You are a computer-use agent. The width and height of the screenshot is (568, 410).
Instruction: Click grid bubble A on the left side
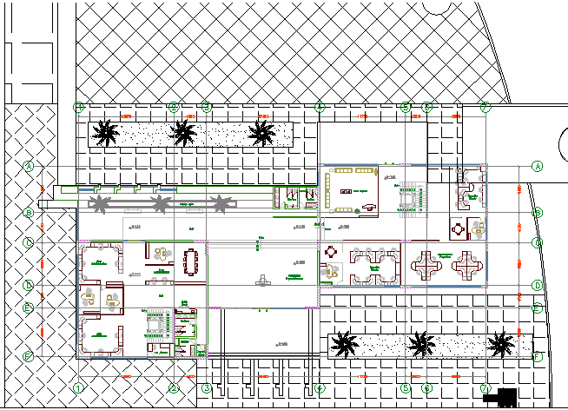point(29,165)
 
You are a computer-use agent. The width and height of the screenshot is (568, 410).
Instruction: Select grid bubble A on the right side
point(538,165)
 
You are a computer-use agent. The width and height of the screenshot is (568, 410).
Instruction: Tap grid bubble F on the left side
point(29,356)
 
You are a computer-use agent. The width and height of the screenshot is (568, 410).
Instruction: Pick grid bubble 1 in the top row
point(78,107)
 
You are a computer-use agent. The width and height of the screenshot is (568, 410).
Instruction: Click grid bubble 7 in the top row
point(485,107)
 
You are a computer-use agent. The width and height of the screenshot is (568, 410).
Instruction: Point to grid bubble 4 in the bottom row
point(320,388)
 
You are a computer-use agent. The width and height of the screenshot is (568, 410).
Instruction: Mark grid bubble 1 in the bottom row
point(78,388)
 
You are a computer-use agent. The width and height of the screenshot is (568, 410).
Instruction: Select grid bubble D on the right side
point(538,285)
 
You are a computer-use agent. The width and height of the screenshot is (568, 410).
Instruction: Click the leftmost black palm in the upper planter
point(106,133)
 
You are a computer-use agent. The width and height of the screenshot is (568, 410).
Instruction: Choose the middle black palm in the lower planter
point(422,345)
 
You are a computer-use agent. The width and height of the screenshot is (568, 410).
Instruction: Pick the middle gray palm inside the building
point(161,204)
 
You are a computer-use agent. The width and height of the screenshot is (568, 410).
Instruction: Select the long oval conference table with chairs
point(192,262)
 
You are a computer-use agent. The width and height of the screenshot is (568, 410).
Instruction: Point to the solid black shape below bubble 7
point(503,397)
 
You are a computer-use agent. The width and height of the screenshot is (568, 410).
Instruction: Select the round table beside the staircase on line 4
point(331,254)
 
